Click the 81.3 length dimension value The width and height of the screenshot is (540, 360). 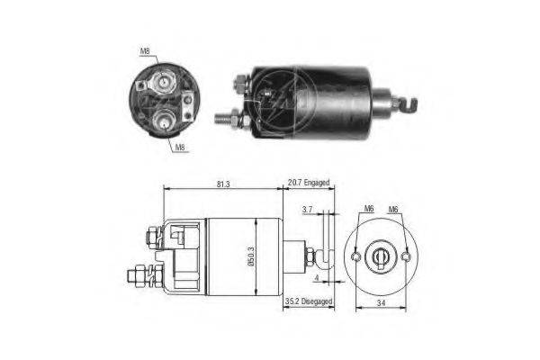point(223,184)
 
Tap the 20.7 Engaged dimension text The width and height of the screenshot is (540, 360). point(309,183)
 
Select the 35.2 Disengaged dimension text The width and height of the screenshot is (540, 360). point(309,301)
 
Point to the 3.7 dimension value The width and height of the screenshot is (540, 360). point(308,209)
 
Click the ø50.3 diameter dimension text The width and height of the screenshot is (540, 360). point(251,256)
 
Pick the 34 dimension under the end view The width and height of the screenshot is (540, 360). point(381,303)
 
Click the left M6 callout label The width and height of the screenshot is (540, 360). point(369,209)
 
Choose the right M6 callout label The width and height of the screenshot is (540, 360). point(393,209)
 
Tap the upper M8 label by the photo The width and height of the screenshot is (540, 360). point(145,51)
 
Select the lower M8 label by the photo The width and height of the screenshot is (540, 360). point(180,148)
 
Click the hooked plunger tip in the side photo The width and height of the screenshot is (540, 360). point(409,103)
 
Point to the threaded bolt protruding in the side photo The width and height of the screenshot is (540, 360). point(223,119)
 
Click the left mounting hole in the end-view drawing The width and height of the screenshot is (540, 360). point(355,256)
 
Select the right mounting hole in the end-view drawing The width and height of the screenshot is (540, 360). point(407,256)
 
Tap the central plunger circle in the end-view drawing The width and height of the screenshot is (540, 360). point(381,256)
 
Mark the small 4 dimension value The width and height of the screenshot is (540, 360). point(318,278)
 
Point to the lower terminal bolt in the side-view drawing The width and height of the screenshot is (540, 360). point(141,275)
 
